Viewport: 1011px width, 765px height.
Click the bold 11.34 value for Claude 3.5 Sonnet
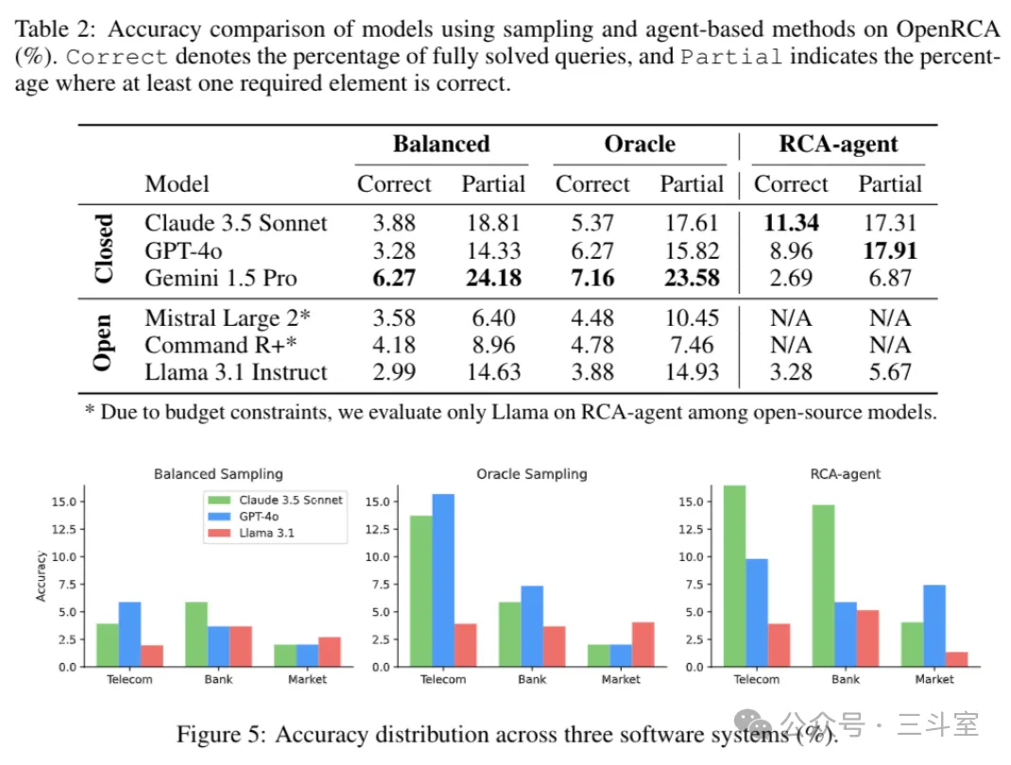[791, 223]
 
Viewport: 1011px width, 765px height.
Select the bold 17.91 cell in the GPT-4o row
[890, 250]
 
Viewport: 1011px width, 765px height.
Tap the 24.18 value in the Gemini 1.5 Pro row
[494, 278]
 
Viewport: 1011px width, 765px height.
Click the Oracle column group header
[640, 144]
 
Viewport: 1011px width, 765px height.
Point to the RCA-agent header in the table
[838, 144]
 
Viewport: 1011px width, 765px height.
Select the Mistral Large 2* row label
[228, 317]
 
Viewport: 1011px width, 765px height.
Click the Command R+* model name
[220, 345]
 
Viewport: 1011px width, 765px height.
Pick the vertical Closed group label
[103, 248]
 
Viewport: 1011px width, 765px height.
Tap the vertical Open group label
[103, 343]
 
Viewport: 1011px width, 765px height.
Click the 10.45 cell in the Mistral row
[692, 317]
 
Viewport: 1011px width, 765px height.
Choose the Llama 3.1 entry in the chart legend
[266, 533]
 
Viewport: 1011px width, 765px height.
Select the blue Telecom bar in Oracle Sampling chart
[443, 580]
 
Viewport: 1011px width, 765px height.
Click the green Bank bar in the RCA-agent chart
[823, 586]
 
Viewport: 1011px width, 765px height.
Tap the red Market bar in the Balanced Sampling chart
[330, 652]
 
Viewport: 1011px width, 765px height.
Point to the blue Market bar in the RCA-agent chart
[934, 626]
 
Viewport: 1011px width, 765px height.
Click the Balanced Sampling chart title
[218, 474]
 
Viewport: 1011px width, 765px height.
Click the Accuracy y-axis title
[42, 576]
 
